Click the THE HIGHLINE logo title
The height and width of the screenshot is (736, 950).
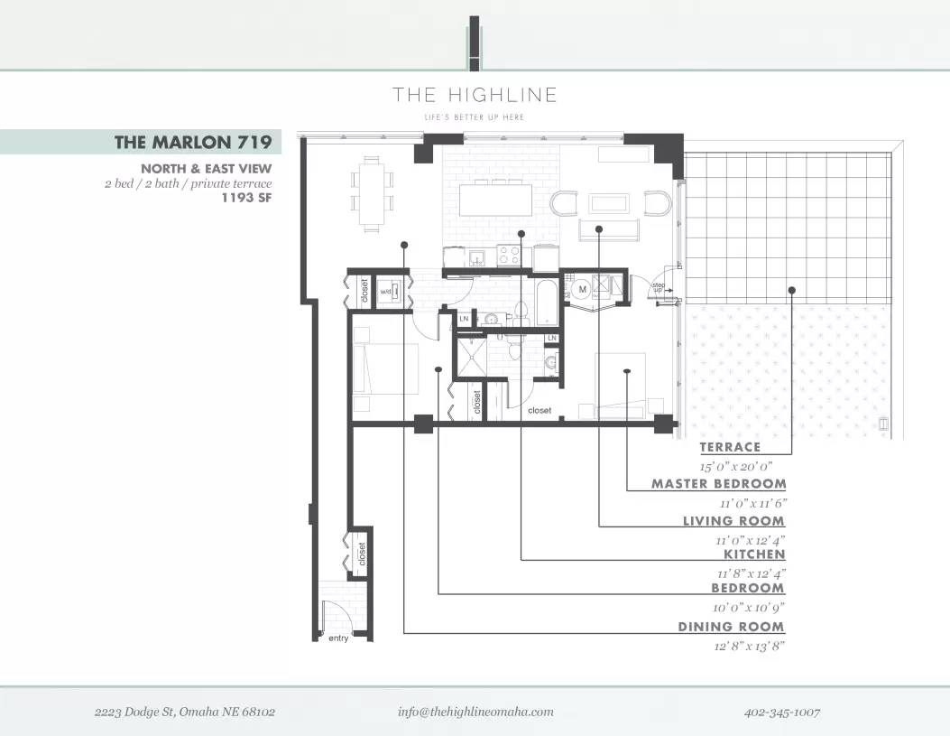475,95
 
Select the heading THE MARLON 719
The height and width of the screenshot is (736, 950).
193,142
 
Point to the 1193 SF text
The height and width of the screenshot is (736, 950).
246,197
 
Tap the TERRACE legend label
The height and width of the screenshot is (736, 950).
730,447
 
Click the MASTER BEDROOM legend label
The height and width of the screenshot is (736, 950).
718,484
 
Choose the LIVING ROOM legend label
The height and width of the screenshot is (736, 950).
733,521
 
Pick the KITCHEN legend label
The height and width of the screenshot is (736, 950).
754,554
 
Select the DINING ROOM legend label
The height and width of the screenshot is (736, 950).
731,627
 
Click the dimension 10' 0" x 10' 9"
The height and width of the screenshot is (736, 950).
748,608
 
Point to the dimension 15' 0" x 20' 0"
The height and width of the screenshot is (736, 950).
736,467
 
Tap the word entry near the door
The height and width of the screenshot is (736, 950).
338,638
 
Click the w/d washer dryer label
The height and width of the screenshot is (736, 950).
385,292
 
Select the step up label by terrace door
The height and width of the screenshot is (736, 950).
658,287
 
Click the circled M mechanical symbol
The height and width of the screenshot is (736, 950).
582,289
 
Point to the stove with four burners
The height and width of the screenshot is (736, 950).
509,256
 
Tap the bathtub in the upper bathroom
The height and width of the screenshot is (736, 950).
547,303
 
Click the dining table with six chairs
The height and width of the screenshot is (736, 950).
372,194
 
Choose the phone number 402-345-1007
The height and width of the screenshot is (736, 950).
781,713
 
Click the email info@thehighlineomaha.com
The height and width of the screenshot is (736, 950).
475,712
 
